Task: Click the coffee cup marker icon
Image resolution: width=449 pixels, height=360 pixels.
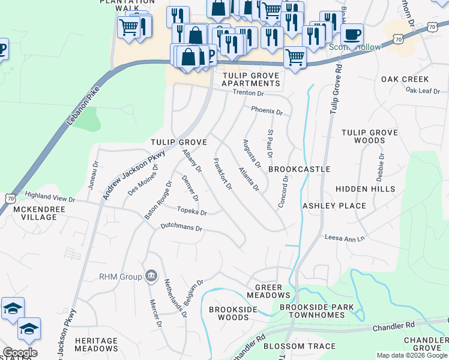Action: point(352,34)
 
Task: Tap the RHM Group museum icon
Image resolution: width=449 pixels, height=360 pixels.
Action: point(151,276)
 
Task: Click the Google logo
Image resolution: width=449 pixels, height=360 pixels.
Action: point(20,353)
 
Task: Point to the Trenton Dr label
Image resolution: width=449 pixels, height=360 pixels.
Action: point(248,93)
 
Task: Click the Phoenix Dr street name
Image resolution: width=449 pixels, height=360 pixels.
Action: point(267,110)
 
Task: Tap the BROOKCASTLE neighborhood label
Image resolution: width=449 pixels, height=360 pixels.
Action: point(299,169)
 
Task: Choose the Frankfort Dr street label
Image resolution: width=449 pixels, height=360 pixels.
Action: point(223,174)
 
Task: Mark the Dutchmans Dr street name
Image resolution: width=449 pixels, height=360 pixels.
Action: point(181,228)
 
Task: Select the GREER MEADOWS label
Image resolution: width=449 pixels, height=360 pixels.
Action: point(268,291)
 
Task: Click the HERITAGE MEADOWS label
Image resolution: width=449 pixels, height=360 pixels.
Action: point(96,344)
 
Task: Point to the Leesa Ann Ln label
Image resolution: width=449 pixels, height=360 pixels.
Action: point(345,238)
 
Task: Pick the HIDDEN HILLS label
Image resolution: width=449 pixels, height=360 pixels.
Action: point(365,189)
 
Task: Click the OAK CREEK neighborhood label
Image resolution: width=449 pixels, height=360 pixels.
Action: point(405,79)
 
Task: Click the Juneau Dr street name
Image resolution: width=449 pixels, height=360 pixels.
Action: point(93,175)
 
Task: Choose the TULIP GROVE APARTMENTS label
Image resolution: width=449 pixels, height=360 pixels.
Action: point(250,79)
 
